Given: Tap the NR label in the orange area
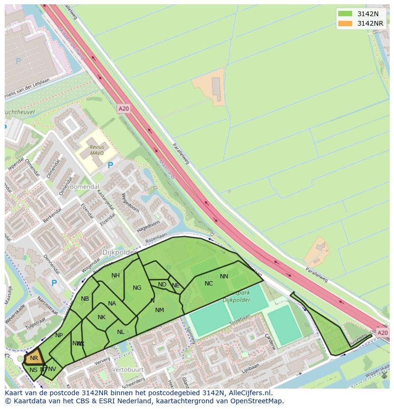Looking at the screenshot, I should point(34,358).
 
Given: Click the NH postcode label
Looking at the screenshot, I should point(116,276).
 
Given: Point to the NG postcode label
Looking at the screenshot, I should point(137,288).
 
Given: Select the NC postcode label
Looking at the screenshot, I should point(208,284).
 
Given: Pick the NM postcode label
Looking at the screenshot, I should point(159,310).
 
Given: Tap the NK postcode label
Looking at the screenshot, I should point(101,317).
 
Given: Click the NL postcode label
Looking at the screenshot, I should point(121,332).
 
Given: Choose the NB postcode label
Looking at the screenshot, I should point(85,299).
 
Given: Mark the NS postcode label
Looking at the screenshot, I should point(33,370).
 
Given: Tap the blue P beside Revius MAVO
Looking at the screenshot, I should point(110,165).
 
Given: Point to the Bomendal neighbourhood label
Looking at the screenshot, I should point(84,187).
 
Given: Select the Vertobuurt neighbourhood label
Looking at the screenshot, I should point(128,369).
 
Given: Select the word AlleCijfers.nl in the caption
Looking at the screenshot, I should point(247,393).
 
